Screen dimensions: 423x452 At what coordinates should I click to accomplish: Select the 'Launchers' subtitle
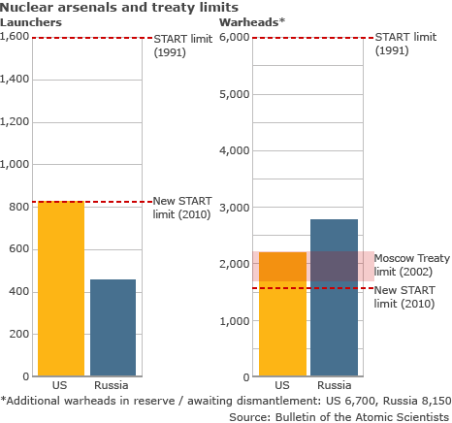coord(31,21)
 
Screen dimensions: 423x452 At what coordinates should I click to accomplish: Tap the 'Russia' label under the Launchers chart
coord(113,385)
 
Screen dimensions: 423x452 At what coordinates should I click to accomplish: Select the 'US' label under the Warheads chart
coord(281,385)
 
